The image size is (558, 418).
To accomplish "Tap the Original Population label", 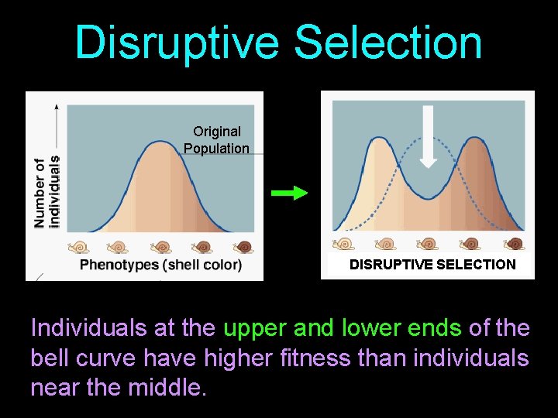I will click(216, 140).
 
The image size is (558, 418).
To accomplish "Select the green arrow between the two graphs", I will click(290, 194).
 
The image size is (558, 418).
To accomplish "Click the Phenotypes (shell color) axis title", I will click(160, 265).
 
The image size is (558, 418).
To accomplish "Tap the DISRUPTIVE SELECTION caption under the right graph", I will click(432, 264).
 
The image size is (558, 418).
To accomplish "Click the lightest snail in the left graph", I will click(78, 247).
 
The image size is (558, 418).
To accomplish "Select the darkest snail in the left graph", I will click(244, 247).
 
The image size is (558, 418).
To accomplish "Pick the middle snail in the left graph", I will click(161, 247).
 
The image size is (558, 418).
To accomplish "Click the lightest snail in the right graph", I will click(343, 244).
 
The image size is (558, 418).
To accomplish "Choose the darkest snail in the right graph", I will click(512, 244).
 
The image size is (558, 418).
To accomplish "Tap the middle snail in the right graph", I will click(428, 244).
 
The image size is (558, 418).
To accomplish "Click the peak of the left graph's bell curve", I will click(160, 142).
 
